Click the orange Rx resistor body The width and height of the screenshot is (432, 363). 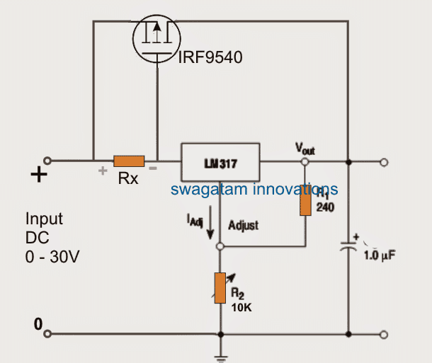tap(129, 161)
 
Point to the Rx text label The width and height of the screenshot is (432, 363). tap(128, 179)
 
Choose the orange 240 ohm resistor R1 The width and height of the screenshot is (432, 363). tap(305, 202)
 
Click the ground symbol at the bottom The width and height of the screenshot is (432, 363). tap(220, 354)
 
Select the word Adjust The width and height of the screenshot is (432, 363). tap(244, 225)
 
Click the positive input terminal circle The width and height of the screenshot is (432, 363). tap(48, 161)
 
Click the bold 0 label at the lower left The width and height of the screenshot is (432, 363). tap(38, 325)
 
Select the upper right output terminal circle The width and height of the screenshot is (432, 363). tap(384, 162)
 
